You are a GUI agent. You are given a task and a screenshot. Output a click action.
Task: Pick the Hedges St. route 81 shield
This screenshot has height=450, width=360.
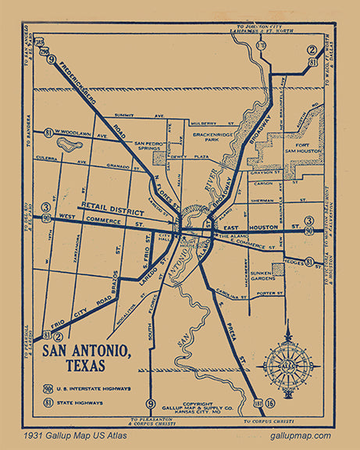tap(309, 262)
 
